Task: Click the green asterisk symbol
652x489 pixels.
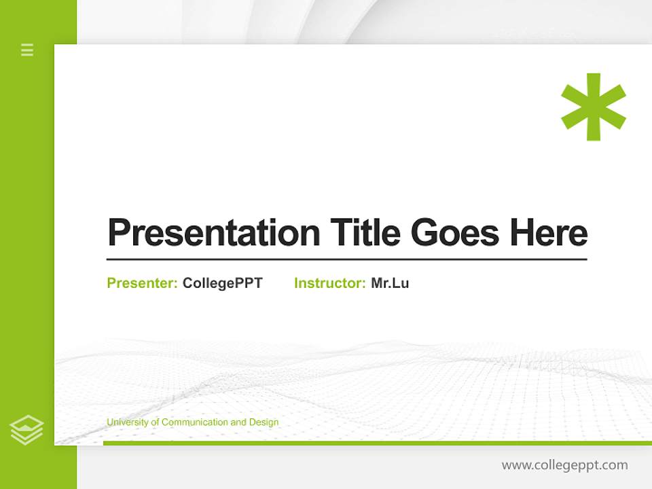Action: click(x=593, y=107)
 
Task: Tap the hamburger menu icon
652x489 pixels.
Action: click(x=27, y=50)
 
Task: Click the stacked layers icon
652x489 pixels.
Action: click(x=26, y=430)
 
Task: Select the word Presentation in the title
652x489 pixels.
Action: click(x=213, y=233)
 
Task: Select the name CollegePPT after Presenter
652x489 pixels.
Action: click(x=222, y=283)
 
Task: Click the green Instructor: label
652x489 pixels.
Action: click(x=330, y=283)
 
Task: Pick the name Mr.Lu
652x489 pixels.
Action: click(x=390, y=283)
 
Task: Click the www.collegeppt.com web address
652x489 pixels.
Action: click(x=564, y=465)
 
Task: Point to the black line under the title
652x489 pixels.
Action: click(x=346, y=259)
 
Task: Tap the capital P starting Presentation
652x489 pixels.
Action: click(x=119, y=233)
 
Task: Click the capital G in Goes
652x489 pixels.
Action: click(x=425, y=233)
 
